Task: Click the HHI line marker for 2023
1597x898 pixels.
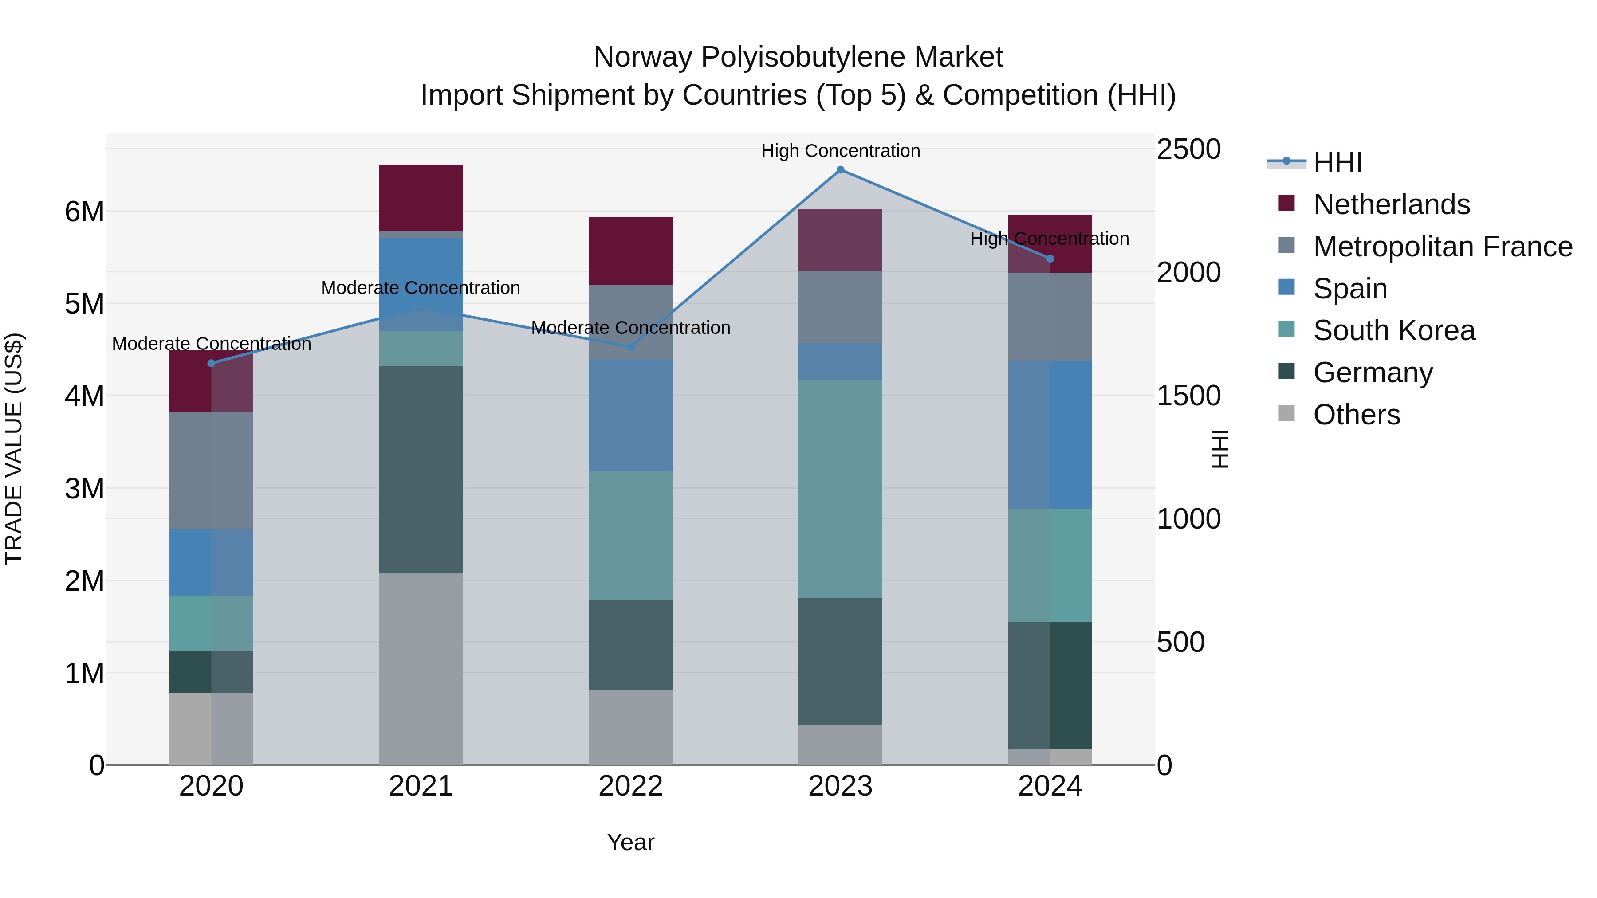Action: (840, 170)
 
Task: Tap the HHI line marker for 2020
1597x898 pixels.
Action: (212, 363)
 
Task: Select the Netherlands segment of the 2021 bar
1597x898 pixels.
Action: (421, 198)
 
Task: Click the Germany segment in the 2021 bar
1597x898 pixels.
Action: (421, 469)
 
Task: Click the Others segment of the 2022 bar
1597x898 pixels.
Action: (630, 726)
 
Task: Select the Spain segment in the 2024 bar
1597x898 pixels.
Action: (1050, 435)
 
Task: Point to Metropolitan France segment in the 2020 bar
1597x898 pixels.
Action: (212, 471)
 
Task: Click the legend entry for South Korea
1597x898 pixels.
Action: (1394, 330)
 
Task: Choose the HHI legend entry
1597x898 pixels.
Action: (1337, 162)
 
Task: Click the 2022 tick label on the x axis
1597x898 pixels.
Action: (630, 786)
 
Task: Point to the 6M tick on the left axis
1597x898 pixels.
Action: (84, 212)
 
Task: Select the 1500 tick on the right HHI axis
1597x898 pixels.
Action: (1188, 396)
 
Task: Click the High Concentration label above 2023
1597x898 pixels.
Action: (840, 151)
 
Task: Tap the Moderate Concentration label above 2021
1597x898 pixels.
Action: (421, 287)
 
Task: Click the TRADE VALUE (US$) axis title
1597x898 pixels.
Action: (14, 449)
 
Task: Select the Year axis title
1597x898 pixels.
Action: (630, 842)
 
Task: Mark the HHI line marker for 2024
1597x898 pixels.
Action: (1050, 259)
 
